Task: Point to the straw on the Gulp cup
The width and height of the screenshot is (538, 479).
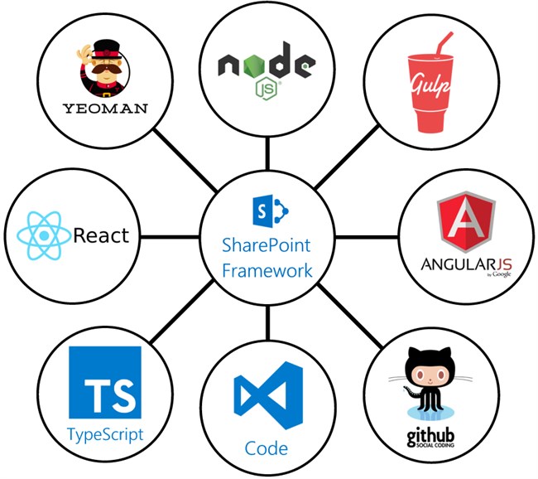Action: coord(442,46)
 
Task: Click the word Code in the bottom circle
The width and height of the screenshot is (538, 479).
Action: coord(267,449)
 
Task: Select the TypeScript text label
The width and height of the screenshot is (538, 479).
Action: coord(105,433)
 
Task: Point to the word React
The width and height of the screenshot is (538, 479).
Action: coord(101,235)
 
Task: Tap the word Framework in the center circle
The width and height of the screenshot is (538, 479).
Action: coord(267,271)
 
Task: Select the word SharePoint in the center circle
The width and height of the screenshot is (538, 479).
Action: coord(267,246)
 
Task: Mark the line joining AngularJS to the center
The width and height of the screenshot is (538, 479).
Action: coord(366,236)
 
